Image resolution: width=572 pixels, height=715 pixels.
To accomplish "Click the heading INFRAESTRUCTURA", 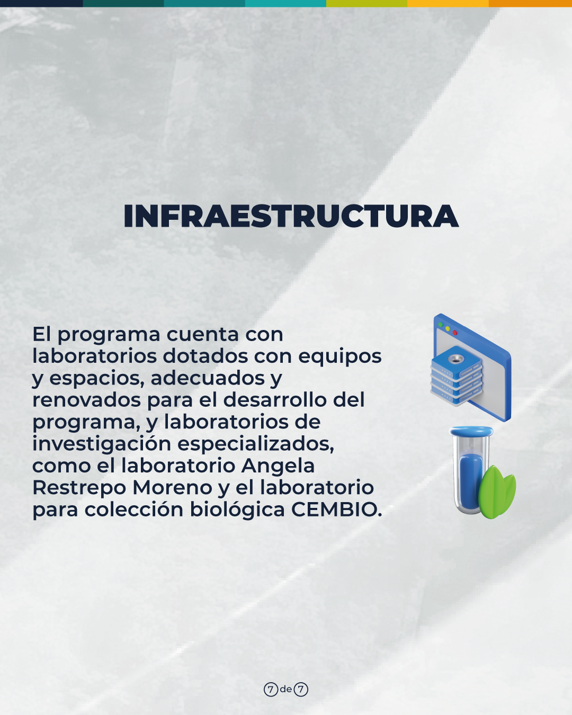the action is [x=291, y=216].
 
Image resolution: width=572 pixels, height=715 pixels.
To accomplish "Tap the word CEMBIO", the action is [x=337, y=510].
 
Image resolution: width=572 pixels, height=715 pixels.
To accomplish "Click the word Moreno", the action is [x=172, y=487].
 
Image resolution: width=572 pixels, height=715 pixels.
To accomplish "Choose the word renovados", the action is [x=87, y=400].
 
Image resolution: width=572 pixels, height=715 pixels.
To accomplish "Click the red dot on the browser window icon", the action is [x=455, y=333].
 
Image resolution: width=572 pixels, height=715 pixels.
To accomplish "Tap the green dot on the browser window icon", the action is [x=440, y=324].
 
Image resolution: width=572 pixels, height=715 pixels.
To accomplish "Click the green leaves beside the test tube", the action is [x=497, y=492].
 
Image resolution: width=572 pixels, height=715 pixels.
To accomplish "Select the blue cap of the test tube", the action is [x=471, y=431].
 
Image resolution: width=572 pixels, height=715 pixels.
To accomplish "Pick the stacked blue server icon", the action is [x=456, y=376].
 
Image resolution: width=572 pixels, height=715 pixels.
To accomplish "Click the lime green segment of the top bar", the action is [x=367, y=3].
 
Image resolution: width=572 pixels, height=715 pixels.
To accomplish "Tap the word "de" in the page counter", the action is [x=286, y=686].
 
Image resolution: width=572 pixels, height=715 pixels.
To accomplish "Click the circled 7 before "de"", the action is [x=271, y=687].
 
